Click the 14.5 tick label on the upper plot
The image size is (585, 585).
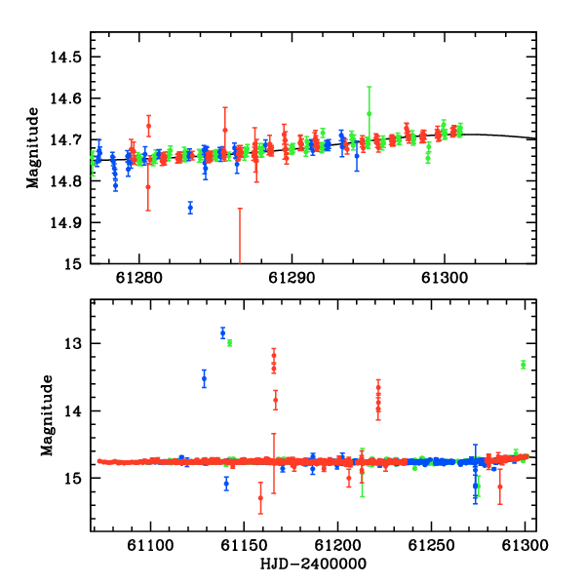(65, 58)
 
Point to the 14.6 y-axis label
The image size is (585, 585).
(65, 98)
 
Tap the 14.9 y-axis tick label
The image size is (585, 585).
(65, 222)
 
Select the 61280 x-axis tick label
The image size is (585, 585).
(139, 278)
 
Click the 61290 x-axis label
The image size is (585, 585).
(292, 278)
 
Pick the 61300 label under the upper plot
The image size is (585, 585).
(445, 278)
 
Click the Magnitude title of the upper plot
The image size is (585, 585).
(33, 148)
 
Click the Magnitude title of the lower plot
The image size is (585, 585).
(47, 415)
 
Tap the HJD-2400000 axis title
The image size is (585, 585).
(313, 564)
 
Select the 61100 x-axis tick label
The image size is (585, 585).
(150, 545)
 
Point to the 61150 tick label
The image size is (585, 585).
(244, 545)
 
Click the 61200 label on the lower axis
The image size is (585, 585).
(337, 545)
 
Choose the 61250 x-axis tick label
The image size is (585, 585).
(431, 545)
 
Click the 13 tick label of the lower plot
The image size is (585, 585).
(73, 343)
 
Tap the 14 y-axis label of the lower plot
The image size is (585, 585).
(73, 411)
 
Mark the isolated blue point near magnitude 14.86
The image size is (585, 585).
(191, 208)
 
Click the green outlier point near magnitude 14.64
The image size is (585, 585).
(369, 113)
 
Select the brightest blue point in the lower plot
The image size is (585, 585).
(222, 332)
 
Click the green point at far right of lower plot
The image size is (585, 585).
(523, 365)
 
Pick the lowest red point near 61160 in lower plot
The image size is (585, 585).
(260, 498)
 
